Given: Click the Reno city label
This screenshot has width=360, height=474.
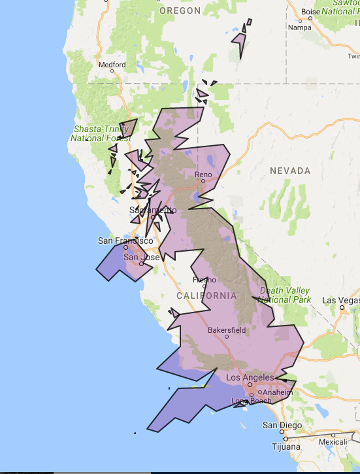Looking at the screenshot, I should click(205, 175).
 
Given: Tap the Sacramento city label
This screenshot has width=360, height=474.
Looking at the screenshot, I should click(153, 210).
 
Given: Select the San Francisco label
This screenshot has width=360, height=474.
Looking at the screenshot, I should click(125, 241).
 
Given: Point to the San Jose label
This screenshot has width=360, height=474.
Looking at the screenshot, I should click(141, 257).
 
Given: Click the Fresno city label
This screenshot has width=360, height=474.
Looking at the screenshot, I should click(204, 280).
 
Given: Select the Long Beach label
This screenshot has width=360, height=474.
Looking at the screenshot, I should click(251, 401).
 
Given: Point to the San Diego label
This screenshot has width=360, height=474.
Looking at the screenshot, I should click(282, 425).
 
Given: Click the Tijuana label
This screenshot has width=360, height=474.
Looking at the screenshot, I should click(287, 447).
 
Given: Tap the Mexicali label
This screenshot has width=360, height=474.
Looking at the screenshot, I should click(333, 441).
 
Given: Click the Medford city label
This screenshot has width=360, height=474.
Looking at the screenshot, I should click(112, 65).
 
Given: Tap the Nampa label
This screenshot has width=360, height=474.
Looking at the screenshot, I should click(300, 27).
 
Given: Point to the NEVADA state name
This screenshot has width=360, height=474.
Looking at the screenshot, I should click(290, 171).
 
